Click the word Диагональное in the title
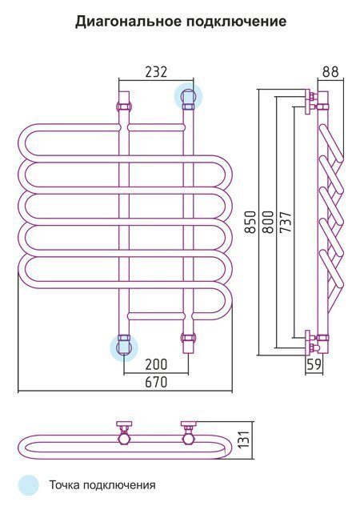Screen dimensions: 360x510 click(x=128, y=22)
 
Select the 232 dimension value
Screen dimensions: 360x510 click(x=156, y=72)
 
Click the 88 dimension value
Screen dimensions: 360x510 click(x=330, y=72)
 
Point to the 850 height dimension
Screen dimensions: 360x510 click(x=250, y=222)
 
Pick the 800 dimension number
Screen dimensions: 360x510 click(x=268, y=222)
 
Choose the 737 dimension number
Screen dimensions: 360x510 click(x=286, y=222)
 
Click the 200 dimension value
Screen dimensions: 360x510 click(x=156, y=364)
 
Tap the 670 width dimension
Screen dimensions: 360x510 click(x=156, y=382)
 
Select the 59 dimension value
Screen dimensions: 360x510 click(x=314, y=364)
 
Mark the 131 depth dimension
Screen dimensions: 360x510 click(x=244, y=440)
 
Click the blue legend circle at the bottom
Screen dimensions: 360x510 click(x=28, y=485)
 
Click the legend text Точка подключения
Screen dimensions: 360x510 click(x=102, y=485)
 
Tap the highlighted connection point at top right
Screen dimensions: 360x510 click(x=188, y=96)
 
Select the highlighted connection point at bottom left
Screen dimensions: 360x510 click(x=124, y=347)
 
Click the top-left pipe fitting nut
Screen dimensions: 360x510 click(x=124, y=106)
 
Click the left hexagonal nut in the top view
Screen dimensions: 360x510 click(x=125, y=440)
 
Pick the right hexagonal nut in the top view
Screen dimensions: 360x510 click(x=189, y=440)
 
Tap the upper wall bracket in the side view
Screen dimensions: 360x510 click(x=311, y=101)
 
